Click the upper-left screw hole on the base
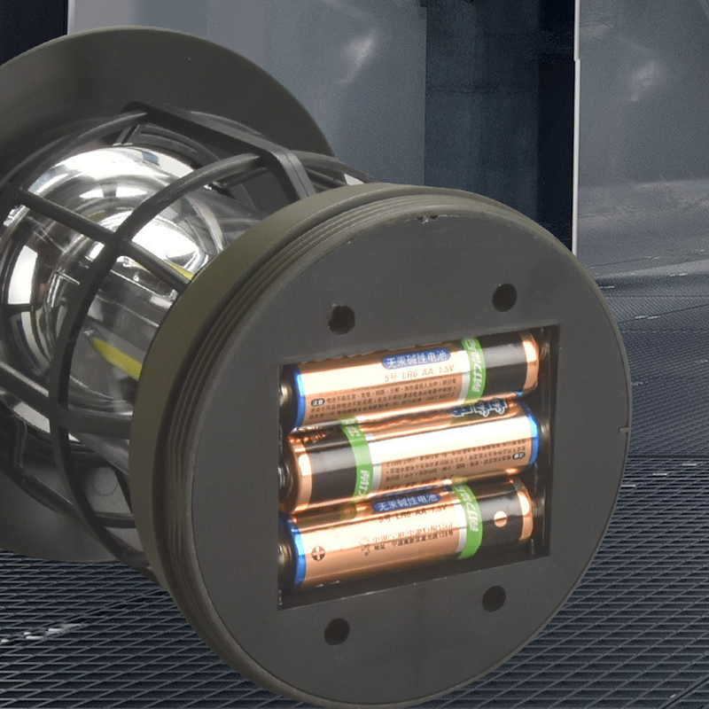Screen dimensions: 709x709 click(341, 318)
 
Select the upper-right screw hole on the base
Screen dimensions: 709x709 click(504, 297)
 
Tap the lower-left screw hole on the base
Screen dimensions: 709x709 click(337, 631)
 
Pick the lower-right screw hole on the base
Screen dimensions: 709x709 click(494, 598)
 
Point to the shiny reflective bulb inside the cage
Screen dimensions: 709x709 click(133, 230)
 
